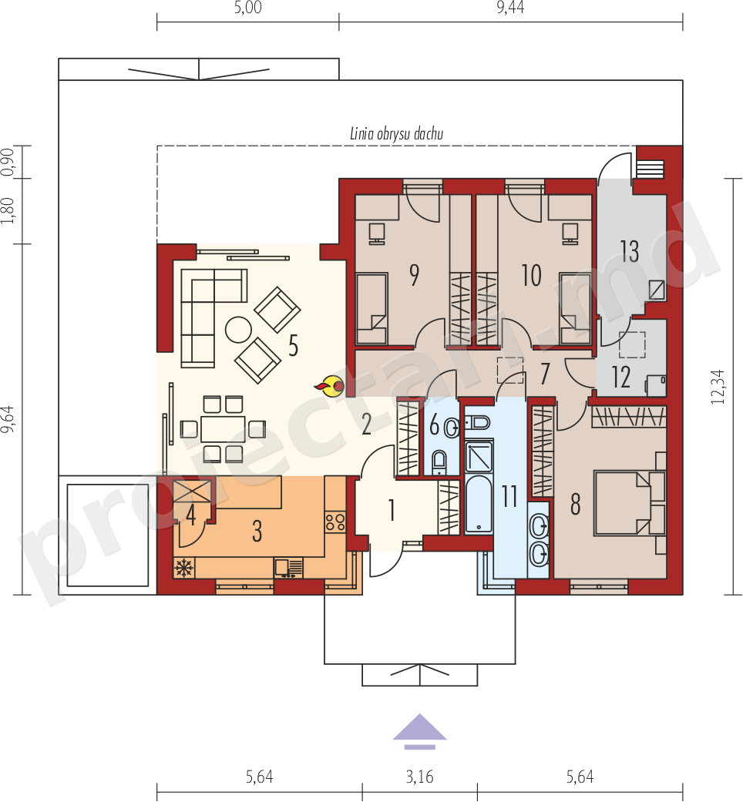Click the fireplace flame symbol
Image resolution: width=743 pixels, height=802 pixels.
tap(330, 387)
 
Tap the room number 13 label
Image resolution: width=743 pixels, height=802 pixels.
tap(630, 251)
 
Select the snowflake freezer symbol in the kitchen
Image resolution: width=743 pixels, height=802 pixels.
tap(183, 568)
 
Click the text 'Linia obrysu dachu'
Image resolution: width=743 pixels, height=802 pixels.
tap(397, 134)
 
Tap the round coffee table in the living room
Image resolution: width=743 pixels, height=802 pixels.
tap(238, 330)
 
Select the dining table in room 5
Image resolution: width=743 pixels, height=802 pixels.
tap(223, 429)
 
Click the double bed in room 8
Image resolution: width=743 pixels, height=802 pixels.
tap(630, 503)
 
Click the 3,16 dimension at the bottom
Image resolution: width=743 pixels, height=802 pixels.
tap(419, 777)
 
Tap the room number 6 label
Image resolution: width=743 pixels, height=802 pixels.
tap(435, 424)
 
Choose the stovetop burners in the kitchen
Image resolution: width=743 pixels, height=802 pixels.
tap(335, 522)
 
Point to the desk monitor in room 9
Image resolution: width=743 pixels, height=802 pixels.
tap(377, 233)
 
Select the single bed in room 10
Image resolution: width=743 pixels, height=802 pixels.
tap(576, 308)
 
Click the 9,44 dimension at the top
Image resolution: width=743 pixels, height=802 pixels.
tap(510, 8)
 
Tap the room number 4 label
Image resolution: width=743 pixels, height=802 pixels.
tap(191, 515)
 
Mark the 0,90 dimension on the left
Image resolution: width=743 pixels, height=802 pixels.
tap(8, 162)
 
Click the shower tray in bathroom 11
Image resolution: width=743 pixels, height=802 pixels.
tap(479, 457)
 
